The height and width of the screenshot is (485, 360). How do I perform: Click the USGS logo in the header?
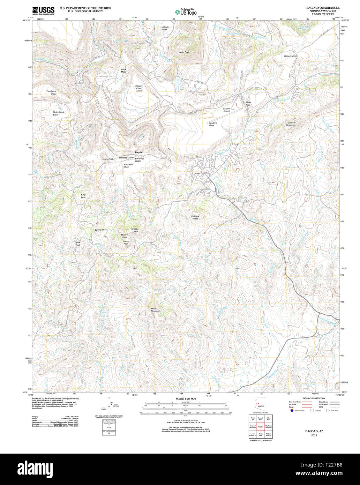(x=43, y=10)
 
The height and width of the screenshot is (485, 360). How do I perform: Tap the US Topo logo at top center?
(x=186, y=12)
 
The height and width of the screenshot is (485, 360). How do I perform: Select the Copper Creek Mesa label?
(x=139, y=88)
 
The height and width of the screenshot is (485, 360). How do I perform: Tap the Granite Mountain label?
(x=291, y=124)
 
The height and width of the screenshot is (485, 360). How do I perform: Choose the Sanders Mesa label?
(x=213, y=124)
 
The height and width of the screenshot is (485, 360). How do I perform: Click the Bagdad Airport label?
(x=226, y=110)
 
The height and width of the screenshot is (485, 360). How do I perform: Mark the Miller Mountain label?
(x=156, y=309)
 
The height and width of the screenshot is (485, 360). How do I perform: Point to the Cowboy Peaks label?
(x=195, y=217)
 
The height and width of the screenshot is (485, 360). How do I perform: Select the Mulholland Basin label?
(x=58, y=113)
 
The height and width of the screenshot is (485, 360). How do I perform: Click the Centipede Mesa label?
(x=51, y=92)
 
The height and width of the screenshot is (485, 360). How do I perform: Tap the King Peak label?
(x=83, y=196)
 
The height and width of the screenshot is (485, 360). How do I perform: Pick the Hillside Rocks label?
(x=165, y=28)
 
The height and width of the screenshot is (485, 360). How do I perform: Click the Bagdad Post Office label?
(x=201, y=173)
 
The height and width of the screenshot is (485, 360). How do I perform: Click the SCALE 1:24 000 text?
(x=186, y=398)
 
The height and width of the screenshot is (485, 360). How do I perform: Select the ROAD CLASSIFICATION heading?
(x=314, y=398)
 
